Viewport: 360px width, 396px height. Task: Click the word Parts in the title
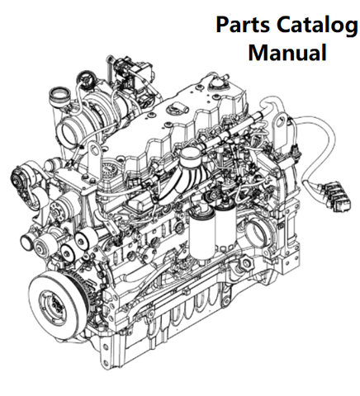coord(243,25)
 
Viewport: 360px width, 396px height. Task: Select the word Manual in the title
coord(287,52)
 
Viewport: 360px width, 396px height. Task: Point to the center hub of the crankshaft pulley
coord(51,301)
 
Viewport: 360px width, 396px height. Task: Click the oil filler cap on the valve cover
coord(176,106)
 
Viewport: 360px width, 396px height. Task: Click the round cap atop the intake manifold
coord(189,155)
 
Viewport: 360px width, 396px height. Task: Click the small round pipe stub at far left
coord(26,240)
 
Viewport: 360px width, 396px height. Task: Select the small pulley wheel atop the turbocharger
coord(86,79)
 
